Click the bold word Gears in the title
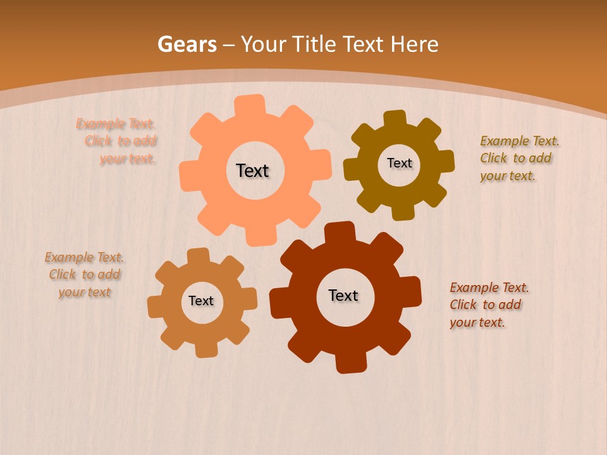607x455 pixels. click(x=187, y=44)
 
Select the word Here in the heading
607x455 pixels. click(x=414, y=44)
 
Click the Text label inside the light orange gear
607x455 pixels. click(x=252, y=171)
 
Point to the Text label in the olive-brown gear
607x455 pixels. click(x=399, y=163)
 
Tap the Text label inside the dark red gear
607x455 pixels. click(x=343, y=295)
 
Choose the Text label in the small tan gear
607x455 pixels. click(x=201, y=301)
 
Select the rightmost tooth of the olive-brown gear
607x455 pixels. click(x=446, y=161)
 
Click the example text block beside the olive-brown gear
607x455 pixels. click(x=519, y=158)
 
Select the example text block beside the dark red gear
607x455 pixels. click(x=489, y=305)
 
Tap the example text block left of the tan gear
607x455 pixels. click(x=84, y=274)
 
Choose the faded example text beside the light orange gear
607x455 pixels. click(x=116, y=141)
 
